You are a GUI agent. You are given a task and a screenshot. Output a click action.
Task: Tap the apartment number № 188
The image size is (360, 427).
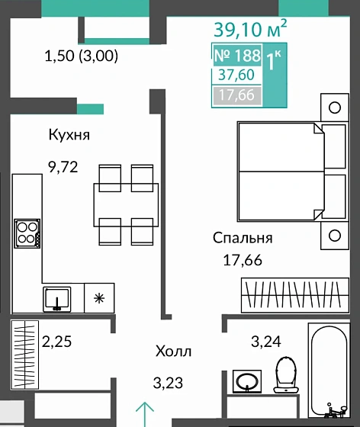(237, 56)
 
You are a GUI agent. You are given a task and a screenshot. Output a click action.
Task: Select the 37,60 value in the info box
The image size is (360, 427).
(236, 75)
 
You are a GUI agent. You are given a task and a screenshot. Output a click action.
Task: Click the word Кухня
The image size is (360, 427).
(69, 134)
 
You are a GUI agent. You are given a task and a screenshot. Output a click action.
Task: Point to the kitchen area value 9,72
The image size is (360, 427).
(63, 167)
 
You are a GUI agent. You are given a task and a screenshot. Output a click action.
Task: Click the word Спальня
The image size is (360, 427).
(243, 238)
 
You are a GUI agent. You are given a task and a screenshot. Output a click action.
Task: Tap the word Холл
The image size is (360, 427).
(173, 352)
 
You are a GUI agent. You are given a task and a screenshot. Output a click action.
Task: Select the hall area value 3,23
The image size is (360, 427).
(168, 383)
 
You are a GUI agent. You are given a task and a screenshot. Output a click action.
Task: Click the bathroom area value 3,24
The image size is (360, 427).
(265, 342)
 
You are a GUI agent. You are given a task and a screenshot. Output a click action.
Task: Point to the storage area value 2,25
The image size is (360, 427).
(56, 342)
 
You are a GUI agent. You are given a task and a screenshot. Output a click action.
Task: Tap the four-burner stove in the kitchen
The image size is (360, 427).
(27, 233)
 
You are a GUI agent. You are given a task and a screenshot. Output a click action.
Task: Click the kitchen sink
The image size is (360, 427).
(57, 299)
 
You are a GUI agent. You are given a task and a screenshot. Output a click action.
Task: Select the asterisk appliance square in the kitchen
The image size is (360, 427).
(99, 298)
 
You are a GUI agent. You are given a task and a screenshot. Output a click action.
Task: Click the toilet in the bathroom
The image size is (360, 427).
(286, 374)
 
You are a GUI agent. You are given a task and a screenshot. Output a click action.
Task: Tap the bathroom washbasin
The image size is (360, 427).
(247, 381)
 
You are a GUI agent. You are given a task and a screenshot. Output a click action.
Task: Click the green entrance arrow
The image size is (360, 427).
(145, 414)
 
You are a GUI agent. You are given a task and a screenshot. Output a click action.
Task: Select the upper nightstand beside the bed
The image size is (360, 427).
(335, 108)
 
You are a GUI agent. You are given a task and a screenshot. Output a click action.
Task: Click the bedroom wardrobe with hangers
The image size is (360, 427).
(295, 295)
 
